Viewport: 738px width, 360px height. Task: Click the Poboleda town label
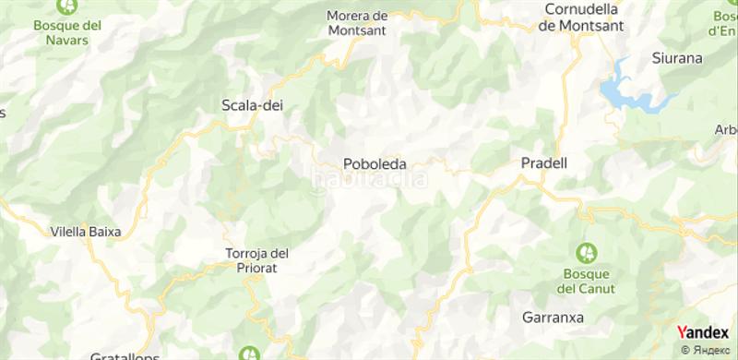(x=375, y=163)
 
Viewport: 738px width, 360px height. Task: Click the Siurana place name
(x=677, y=57)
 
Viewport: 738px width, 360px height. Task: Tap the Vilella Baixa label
(x=86, y=233)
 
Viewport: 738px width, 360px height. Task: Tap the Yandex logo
(x=702, y=333)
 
